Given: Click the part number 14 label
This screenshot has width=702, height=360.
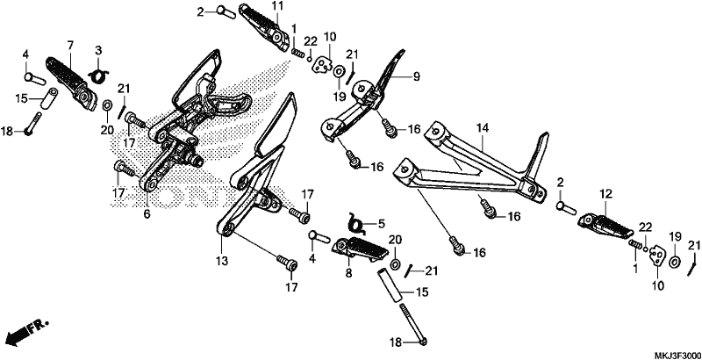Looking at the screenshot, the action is coord(482,129).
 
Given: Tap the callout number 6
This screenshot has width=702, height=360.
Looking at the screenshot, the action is coord(147,214).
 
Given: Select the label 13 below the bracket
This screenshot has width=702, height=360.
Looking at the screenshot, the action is coord(223,260).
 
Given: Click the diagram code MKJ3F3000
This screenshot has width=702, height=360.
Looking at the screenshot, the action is coord(678,354).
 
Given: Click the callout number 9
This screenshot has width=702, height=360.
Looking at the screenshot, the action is coord(416,76).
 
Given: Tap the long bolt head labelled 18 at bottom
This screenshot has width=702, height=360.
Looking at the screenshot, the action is coord(424,342).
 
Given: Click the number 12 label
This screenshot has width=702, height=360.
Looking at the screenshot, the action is coord(605,194).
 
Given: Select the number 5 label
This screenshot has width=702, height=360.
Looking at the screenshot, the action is coord(381,223).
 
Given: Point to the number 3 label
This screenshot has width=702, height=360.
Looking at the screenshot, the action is coord(98,50).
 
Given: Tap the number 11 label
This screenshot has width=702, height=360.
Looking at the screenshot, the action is coord(277,6).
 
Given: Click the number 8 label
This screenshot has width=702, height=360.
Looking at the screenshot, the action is coord(348,273).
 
